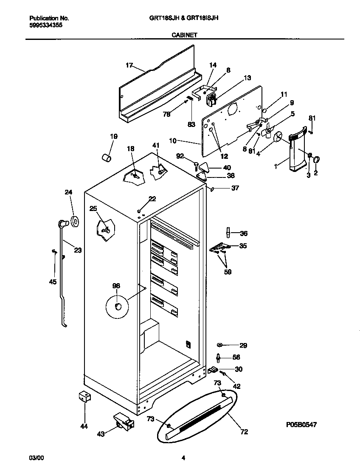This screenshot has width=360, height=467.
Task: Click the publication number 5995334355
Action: click(x=46, y=25)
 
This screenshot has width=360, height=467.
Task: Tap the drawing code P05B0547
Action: click(x=301, y=424)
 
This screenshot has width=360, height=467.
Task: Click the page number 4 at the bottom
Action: click(x=183, y=458)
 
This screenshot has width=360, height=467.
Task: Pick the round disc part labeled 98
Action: click(x=118, y=307)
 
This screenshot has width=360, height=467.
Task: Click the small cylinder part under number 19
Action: click(x=107, y=158)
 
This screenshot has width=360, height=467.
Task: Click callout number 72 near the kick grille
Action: click(x=244, y=432)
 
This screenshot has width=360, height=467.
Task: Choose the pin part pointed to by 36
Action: click(x=228, y=232)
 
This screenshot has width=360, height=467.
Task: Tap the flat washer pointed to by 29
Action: click(x=220, y=345)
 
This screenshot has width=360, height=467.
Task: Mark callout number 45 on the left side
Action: click(x=53, y=281)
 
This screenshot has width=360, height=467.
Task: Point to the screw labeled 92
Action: click(x=197, y=163)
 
